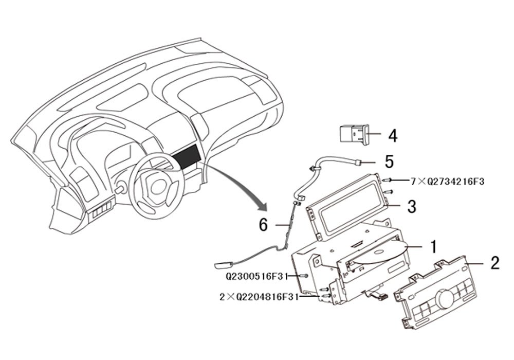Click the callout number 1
tap(433, 246)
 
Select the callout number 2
tap(494, 263)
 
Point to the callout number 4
tap(392, 135)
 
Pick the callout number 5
tap(389, 161)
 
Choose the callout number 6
tap(263, 225)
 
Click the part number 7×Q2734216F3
tap(448, 182)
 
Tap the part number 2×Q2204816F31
tap(259, 297)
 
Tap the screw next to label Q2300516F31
tap(303, 276)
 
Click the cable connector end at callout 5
tap(358, 161)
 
